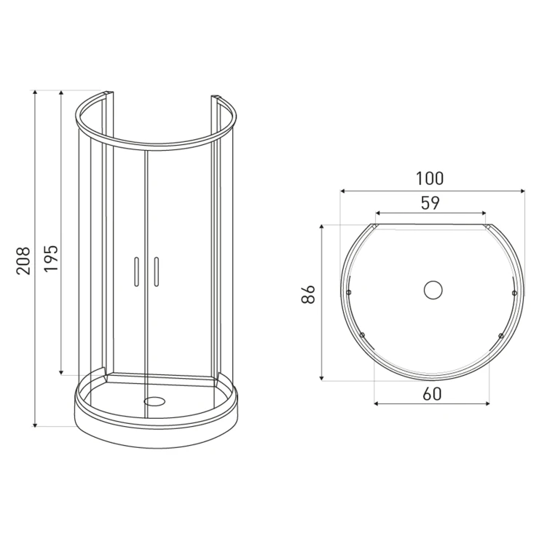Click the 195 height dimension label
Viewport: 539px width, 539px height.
(51, 258)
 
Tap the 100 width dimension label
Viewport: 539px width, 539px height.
(430, 178)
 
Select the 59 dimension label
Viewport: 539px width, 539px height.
(430, 203)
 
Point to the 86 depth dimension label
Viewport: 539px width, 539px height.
(308, 294)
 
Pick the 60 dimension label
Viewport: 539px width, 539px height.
(432, 394)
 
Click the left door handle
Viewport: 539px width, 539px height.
(136, 272)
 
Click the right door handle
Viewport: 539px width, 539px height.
(157, 272)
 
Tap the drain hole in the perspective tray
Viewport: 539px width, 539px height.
(154, 401)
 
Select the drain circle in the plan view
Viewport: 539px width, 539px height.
(433, 290)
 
